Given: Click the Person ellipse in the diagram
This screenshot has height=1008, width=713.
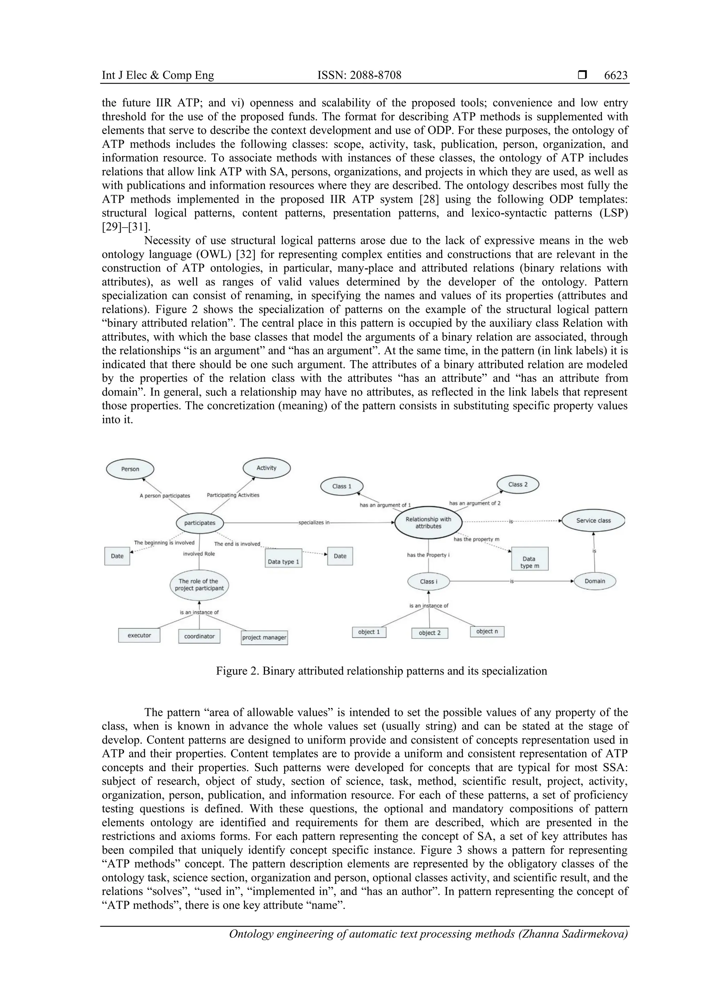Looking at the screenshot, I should [130, 469].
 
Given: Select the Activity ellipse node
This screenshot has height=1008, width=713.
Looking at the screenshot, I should [266, 468].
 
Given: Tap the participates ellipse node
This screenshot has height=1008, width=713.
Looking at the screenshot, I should [200, 523].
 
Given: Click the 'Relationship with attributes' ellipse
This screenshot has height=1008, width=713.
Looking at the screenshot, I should [428, 523].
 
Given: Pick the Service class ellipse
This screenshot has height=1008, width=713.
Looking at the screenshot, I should [593, 521].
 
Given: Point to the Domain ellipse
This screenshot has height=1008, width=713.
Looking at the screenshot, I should [595, 581].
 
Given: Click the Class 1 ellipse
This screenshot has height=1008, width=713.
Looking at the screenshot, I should [342, 487].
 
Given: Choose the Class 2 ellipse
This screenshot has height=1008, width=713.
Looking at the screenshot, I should [518, 485].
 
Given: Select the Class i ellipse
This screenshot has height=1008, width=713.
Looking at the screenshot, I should [429, 582].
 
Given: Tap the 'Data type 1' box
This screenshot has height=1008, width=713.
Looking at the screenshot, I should [284, 558].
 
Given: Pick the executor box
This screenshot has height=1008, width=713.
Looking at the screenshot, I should [139, 635].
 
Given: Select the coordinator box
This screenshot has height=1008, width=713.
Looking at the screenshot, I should [199, 636].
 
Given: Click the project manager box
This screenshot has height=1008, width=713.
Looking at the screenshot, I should [264, 637].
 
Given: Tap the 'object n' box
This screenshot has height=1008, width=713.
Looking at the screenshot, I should [487, 631].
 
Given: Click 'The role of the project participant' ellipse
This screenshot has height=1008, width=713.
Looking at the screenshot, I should [199, 585].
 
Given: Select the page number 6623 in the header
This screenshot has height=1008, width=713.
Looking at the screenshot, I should [616, 76].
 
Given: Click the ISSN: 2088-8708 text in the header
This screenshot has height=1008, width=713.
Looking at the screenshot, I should [359, 76].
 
